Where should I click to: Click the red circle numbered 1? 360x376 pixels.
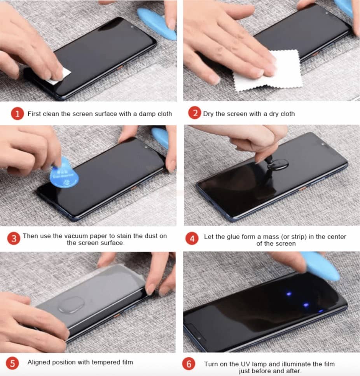[x=17, y=114]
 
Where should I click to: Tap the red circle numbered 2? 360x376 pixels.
[x=195, y=113]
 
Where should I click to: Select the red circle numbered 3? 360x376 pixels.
[x=14, y=238]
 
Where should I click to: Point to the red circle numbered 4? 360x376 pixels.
[x=192, y=238]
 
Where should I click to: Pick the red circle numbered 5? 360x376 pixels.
[x=12, y=363]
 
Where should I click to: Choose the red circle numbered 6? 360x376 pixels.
[x=189, y=364]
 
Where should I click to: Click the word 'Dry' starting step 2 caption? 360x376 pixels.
[x=208, y=114]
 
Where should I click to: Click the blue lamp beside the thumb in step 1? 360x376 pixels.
[x=157, y=23]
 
